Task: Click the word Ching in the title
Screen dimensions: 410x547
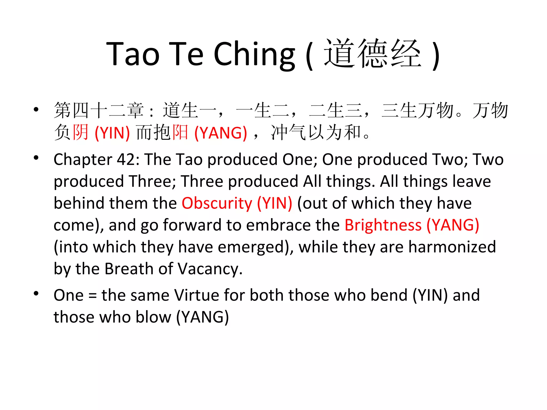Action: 254,55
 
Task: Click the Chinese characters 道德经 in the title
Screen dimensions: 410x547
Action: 373,53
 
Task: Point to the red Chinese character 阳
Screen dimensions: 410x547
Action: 180,132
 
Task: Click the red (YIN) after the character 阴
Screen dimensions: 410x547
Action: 112,133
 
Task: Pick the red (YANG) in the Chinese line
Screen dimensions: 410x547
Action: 221,133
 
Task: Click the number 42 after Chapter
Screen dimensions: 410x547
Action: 128,160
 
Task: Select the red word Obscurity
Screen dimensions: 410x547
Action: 217,203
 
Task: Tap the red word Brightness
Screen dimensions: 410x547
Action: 383,225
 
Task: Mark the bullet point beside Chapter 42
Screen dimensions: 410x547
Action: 36,158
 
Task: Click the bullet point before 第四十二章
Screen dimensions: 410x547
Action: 36,109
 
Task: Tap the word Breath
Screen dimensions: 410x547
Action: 129,269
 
